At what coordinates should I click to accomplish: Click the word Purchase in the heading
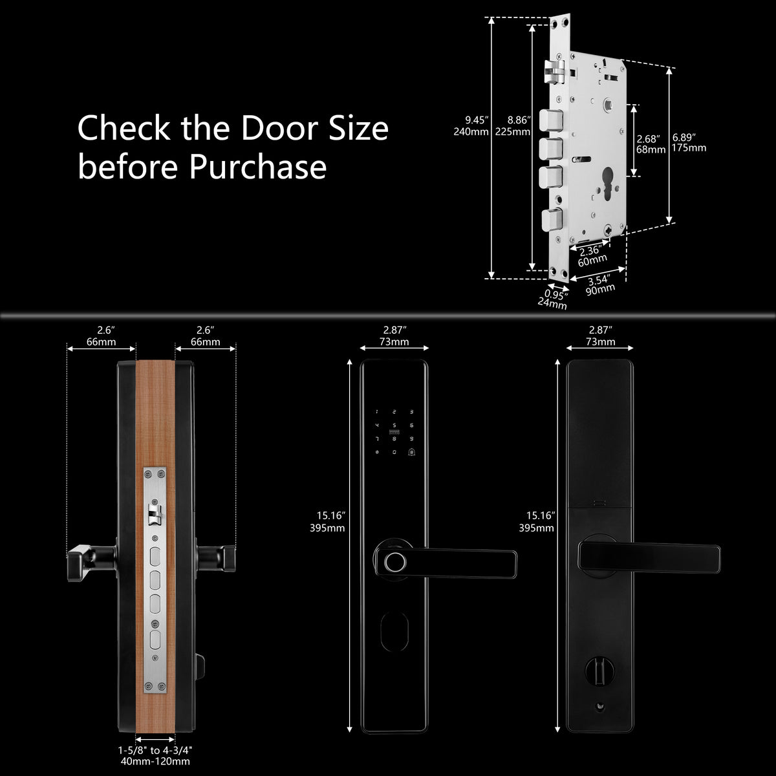(258, 166)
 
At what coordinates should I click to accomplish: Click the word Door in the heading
(280, 128)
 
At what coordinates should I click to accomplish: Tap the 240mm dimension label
(471, 132)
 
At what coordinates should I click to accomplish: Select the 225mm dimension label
(512, 132)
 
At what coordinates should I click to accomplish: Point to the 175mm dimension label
(689, 148)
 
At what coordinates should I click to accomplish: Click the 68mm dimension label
(651, 149)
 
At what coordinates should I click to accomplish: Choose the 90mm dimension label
(600, 289)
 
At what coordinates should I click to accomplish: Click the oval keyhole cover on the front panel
(394, 631)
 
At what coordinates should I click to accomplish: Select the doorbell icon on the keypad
(411, 452)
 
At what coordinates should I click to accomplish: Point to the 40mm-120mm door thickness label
(155, 762)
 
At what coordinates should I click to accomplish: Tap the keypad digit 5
(394, 426)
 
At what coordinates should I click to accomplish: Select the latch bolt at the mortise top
(555, 72)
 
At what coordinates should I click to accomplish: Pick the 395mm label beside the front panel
(327, 528)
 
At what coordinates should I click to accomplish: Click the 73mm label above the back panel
(600, 341)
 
